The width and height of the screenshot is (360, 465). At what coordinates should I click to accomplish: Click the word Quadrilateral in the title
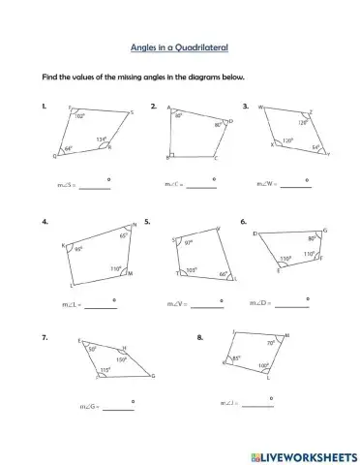tap(205, 46)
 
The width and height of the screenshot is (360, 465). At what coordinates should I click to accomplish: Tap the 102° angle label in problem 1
tap(79, 115)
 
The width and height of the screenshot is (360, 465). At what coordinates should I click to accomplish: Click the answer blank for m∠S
tap(94, 188)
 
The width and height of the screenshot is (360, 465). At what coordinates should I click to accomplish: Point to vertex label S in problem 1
tap(132, 112)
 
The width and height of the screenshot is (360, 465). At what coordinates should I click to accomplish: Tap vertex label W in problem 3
tap(260, 108)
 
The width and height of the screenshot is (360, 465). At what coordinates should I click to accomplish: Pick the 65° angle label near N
tap(123, 235)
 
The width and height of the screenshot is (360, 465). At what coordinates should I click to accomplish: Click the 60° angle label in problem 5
tap(223, 274)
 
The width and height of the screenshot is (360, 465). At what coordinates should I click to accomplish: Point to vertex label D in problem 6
tap(255, 233)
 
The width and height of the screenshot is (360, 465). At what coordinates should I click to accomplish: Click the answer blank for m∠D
tap(293, 306)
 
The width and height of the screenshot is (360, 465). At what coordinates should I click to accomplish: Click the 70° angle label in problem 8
tap(270, 342)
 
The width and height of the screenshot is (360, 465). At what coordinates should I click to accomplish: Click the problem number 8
tap(199, 338)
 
